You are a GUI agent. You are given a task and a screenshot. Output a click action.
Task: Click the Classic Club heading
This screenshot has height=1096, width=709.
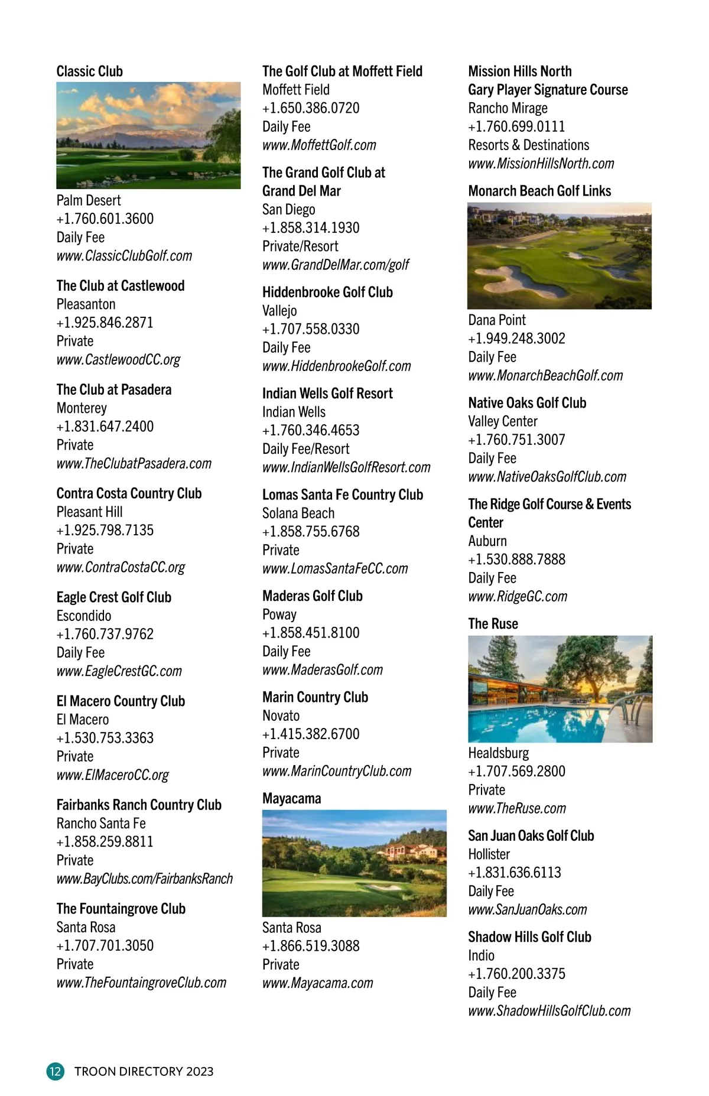point(90,71)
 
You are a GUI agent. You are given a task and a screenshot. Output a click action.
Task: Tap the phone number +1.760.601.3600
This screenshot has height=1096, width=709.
point(105,219)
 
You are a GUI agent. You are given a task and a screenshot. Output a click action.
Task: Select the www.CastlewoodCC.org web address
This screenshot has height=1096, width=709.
point(118,360)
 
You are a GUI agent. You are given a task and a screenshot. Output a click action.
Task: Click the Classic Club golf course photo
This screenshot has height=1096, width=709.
point(148,135)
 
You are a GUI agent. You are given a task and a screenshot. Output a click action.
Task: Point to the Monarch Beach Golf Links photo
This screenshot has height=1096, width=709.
point(559,256)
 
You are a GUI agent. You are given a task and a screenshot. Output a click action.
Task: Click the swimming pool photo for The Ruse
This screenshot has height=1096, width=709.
point(560,689)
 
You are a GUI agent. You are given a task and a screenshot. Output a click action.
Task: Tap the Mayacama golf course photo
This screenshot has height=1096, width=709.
point(354,863)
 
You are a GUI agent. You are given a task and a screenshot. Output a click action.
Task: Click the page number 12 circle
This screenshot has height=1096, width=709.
point(55,1071)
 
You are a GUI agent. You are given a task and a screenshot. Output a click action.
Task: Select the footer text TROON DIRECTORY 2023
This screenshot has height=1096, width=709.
point(144,1072)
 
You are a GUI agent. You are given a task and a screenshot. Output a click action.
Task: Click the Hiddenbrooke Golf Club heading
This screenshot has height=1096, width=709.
point(327,292)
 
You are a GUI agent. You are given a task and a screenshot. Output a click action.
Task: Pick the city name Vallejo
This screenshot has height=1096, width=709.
point(279,311)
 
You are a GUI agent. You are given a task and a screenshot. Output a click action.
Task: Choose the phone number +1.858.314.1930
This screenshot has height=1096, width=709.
point(311,228)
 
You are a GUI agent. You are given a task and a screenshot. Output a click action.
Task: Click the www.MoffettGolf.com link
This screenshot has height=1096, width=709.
point(319,145)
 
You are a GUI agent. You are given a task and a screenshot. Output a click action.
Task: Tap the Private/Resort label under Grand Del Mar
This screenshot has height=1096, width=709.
point(300,246)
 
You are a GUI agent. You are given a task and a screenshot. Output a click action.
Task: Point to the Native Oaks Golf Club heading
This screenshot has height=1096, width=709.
point(527,403)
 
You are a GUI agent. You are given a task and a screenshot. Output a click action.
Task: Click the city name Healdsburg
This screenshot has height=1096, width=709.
point(498,753)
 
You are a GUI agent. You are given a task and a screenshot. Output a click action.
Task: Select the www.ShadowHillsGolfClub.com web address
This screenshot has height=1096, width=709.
point(549,1011)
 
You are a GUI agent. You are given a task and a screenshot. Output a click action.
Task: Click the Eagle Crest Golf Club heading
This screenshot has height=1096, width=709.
point(114,597)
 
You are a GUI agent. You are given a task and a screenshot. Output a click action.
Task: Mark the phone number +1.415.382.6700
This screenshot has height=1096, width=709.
point(311,734)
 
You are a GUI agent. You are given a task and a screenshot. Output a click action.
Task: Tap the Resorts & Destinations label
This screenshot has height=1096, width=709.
point(528,145)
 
